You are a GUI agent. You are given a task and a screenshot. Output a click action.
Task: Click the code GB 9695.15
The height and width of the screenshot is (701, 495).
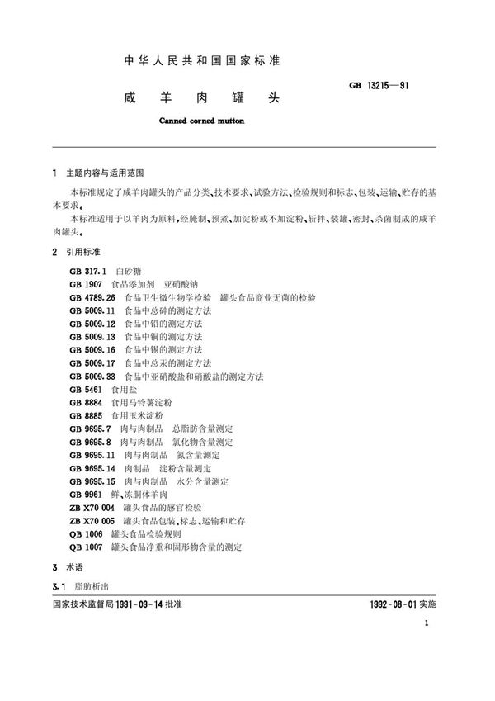coord(92,481)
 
